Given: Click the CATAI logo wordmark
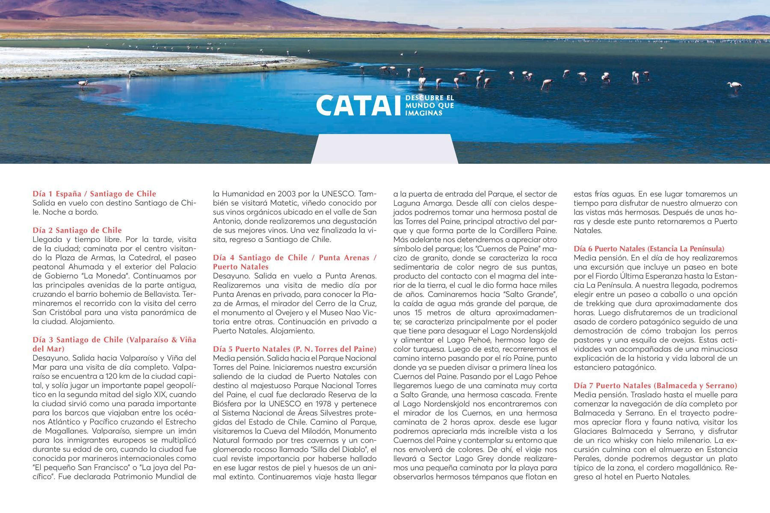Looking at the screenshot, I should [x=358, y=106].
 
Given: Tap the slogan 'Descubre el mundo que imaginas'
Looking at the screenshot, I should [x=429, y=106].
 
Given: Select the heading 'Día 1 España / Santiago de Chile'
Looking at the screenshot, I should [x=94, y=194].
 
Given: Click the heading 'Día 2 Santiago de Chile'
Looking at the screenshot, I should [x=77, y=230].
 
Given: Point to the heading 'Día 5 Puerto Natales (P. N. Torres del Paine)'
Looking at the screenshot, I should [x=295, y=349].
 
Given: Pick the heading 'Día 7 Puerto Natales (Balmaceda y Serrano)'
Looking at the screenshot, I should [x=655, y=385].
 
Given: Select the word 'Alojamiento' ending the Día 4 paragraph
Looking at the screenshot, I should [x=293, y=331].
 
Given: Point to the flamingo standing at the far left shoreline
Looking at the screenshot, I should [x=82, y=85].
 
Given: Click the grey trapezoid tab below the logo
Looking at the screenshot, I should [x=384, y=149].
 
